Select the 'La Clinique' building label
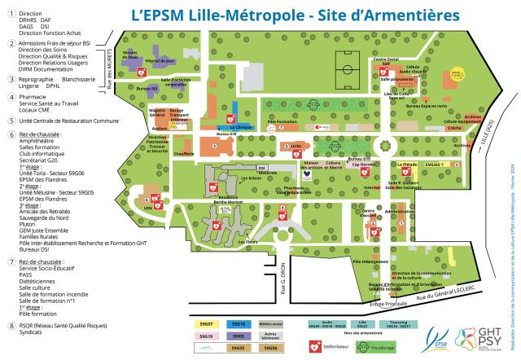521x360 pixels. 241,127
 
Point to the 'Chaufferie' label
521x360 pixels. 182,154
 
